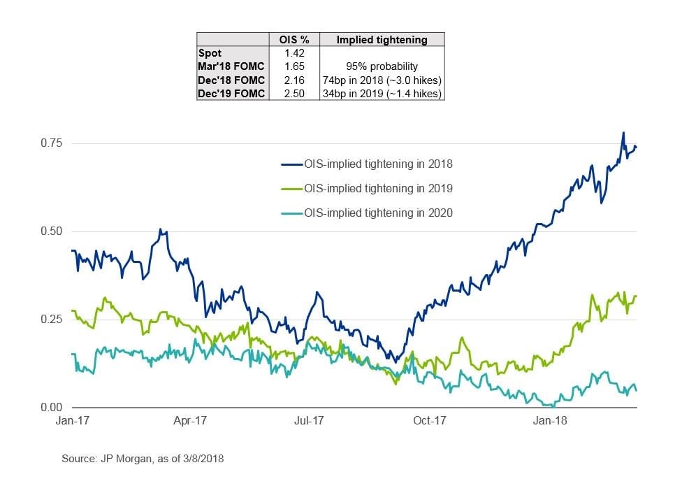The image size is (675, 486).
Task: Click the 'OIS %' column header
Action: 294,40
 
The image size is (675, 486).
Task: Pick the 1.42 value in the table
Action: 294,53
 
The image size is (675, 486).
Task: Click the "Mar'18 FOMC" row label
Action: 230,66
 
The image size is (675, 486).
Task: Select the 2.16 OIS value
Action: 294,80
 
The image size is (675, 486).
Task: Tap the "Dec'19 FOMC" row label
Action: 230,93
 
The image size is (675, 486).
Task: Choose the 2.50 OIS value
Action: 294,93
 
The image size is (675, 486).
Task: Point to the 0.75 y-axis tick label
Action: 50,143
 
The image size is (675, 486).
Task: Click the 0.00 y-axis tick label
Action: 50,408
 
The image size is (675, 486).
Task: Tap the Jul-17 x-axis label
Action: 309,421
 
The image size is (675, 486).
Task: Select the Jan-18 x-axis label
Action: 549,421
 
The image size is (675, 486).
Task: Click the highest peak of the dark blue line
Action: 623,133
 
